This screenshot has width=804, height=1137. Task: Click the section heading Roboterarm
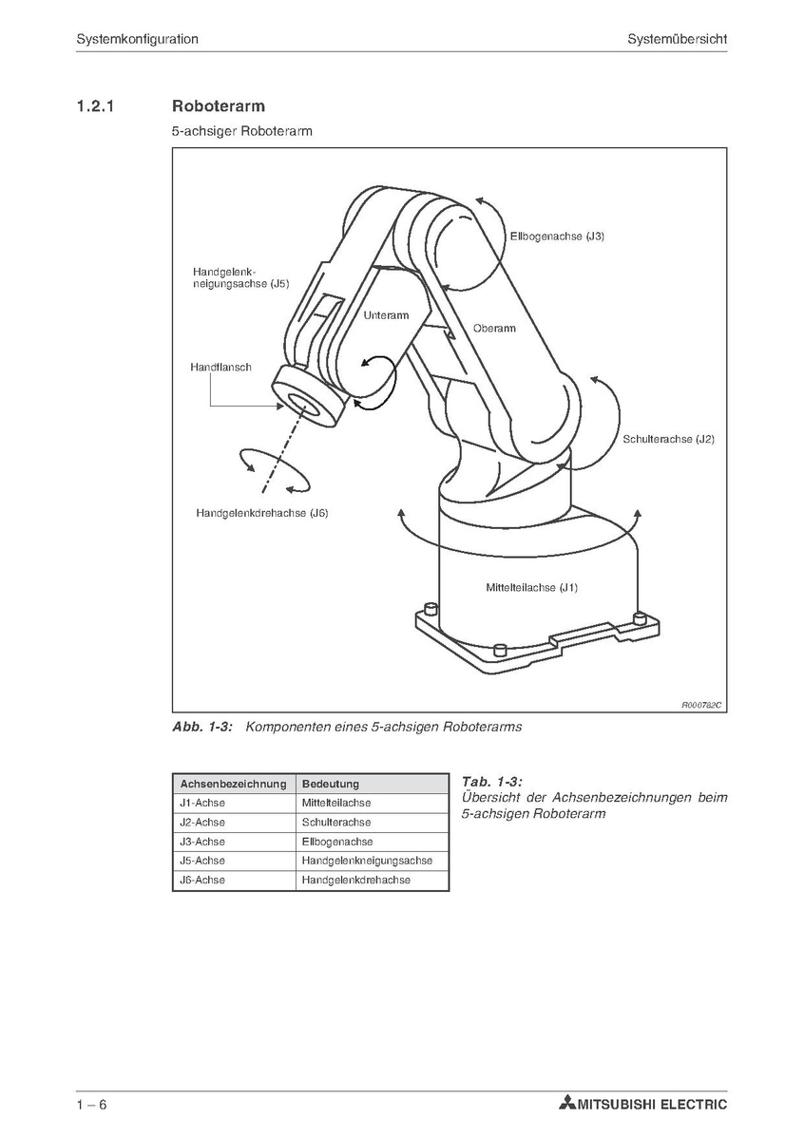[219, 105]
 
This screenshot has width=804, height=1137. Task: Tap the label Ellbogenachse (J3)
[557, 236]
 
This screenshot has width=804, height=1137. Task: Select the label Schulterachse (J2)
[668, 439]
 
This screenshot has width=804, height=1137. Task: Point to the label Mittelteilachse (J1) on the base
[532, 587]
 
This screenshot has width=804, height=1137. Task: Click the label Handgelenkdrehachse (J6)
[262, 513]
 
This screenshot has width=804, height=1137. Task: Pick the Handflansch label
[220, 367]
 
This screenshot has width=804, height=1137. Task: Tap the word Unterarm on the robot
[386, 315]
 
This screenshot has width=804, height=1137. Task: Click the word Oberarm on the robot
[494, 329]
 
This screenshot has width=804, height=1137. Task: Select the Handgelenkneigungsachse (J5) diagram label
[240, 277]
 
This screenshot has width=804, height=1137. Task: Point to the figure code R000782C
[701, 705]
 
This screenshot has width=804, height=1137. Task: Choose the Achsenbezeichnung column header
[233, 784]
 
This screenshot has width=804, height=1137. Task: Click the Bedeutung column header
[330, 784]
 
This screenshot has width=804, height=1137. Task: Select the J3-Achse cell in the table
[202, 842]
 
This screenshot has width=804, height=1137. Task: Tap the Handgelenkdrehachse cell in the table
[356, 881]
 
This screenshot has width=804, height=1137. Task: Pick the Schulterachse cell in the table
[336, 823]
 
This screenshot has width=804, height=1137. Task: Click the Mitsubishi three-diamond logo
[566, 1105]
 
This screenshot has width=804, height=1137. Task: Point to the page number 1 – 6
[91, 1105]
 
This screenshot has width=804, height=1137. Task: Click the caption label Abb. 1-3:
[202, 727]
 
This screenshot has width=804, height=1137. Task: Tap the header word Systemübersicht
[677, 39]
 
